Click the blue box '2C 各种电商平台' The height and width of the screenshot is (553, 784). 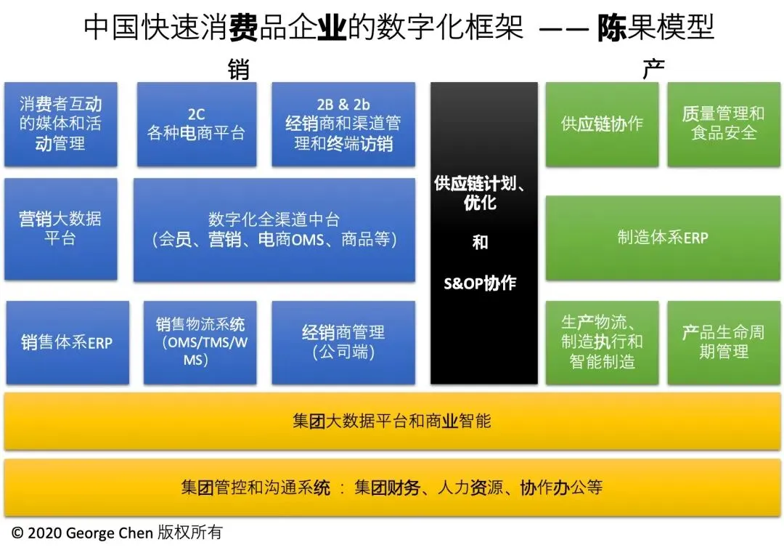pos(196,124)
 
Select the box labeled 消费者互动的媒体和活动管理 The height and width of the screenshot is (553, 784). pos(60,124)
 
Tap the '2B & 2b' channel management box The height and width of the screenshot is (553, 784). pos(343,124)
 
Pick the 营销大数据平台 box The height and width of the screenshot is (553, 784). pos(60,228)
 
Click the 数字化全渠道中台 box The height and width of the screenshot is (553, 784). pos(274,230)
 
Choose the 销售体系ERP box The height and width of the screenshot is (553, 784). pos(67,342)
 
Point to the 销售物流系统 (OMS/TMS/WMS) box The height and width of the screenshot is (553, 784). pos(200,342)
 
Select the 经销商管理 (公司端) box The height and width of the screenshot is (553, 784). pos(343,342)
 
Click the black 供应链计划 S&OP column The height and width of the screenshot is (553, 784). pos(483,233)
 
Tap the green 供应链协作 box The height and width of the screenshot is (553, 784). pos(602,124)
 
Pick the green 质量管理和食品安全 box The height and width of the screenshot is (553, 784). pos(723,124)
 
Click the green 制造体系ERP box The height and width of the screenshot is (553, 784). pos(662,238)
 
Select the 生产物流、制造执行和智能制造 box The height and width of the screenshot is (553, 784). pos(602,342)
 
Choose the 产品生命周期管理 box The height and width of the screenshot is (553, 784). pos(723,342)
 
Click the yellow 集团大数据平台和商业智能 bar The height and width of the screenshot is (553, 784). pos(392,421)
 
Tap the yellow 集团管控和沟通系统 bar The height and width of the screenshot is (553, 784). pos(392,488)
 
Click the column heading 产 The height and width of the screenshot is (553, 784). pos(653,70)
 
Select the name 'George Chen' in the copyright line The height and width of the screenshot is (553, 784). pos(110,533)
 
